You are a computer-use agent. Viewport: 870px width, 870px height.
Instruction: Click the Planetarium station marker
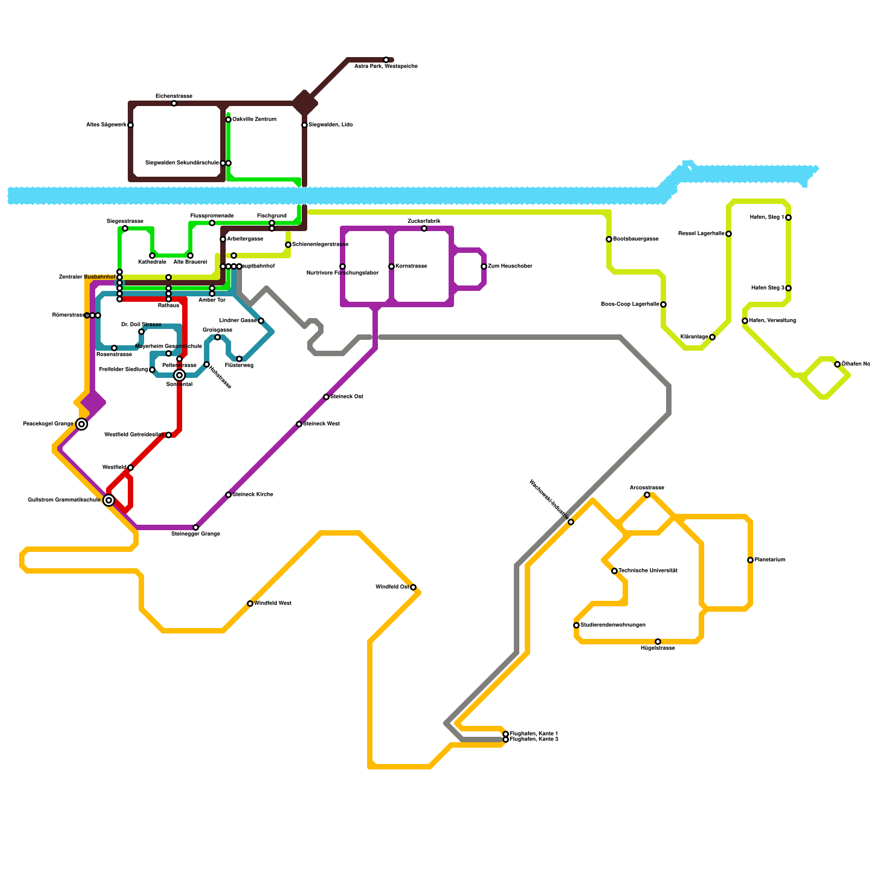click(x=750, y=560)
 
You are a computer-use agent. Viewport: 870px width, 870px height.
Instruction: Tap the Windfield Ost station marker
click(x=413, y=587)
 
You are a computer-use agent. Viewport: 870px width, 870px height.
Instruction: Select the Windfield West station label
click(x=273, y=604)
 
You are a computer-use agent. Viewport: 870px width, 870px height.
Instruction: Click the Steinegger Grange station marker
click(x=196, y=527)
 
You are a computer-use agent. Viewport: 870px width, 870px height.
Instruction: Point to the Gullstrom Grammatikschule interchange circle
click(x=109, y=500)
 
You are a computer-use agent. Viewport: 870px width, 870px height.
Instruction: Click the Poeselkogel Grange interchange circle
click(x=82, y=424)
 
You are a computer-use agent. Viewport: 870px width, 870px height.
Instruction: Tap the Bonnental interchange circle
click(x=179, y=375)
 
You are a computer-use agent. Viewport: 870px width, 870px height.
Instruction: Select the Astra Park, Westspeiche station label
click(x=386, y=66)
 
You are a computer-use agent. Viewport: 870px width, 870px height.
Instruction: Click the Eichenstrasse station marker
click(x=174, y=103)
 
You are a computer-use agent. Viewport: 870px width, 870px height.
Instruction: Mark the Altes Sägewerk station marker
click(x=130, y=125)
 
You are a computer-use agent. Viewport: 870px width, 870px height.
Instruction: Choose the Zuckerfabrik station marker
click(x=424, y=228)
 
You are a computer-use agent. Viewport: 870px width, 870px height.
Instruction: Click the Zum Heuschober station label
click(x=509, y=266)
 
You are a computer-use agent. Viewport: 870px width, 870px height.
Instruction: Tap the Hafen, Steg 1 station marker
click(x=788, y=217)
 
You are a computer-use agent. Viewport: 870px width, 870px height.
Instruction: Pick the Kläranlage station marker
click(x=712, y=337)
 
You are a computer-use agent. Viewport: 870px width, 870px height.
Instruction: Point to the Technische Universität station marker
click(x=614, y=571)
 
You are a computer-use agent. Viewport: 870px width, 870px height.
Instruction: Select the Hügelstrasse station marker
click(x=658, y=642)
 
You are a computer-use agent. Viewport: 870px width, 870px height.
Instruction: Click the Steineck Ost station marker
click(x=326, y=397)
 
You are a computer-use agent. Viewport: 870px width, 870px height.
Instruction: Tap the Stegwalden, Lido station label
click(x=331, y=125)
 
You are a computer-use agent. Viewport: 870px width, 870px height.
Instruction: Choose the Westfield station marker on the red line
click(x=130, y=468)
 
